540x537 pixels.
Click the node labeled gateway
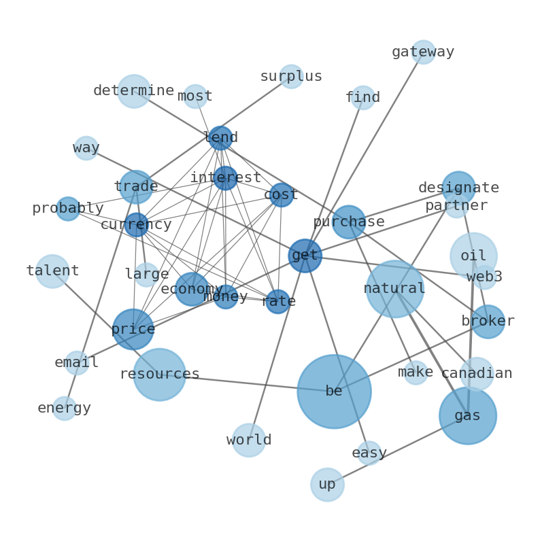point(423,52)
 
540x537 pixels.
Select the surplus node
point(291,77)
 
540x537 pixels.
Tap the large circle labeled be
point(334,392)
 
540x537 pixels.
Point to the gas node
point(467,415)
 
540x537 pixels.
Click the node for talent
point(52,271)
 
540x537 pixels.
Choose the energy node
point(64,409)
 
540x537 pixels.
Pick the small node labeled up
point(327,485)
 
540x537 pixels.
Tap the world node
point(249,440)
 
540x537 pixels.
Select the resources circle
point(159,375)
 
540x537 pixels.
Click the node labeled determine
point(134,91)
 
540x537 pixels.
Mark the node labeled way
point(86,148)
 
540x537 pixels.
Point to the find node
point(362,98)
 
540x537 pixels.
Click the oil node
point(473,256)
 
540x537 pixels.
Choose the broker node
point(488,322)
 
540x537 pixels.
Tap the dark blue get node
point(305,256)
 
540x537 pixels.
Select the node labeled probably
point(68,209)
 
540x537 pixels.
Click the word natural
point(394,289)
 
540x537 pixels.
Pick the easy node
point(369,453)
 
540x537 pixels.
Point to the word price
point(133,330)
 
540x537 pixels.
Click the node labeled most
point(195,97)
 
